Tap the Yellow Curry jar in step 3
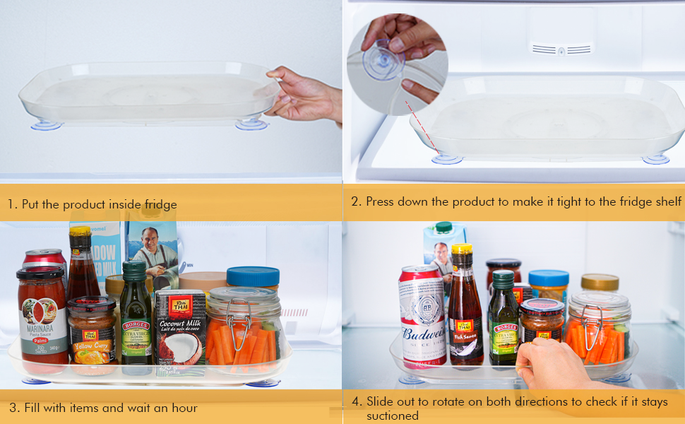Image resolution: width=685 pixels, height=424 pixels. [x=92, y=332]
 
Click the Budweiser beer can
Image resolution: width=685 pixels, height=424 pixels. [x=422, y=318]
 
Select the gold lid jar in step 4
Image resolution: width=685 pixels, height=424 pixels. [x=600, y=282]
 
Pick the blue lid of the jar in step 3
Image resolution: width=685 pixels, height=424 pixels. [x=253, y=276]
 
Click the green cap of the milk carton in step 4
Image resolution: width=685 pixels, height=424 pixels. [x=443, y=227]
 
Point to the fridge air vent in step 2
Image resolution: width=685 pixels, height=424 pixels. [x=561, y=49]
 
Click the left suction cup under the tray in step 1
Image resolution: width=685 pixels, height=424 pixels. [x=47, y=126]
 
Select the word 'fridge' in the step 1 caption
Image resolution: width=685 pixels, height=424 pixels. [x=160, y=205]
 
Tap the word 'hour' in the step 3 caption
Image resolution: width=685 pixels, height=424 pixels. [x=184, y=408]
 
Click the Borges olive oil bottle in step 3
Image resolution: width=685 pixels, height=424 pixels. [x=135, y=318]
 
